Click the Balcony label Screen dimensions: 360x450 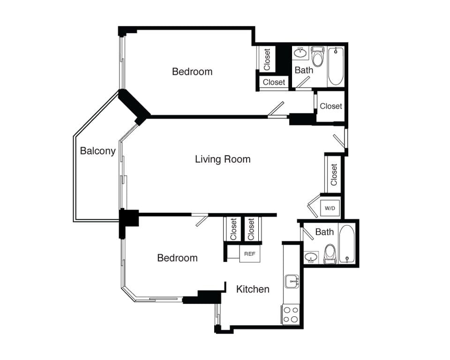pyautogui.click(x=97, y=151)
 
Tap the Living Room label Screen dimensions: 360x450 pyautogui.click(x=223, y=159)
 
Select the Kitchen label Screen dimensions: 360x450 pyautogui.click(x=253, y=289)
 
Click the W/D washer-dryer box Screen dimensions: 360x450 pyautogui.click(x=330, y=208)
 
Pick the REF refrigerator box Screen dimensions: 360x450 pyautogui.click(x=250, y=254)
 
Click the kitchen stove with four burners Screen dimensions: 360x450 pyautogui.click(x=291, y=314)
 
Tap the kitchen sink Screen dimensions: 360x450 pyautogui.click(x=292, y=281)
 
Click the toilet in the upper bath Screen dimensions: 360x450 pyautogui.click(x=318, y=57)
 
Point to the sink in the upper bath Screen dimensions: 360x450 pyautogui.click(x=300, y=53)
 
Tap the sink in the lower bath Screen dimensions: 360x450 pyautogui.click(x=311, y=257)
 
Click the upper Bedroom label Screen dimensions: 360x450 pyautogui.click(x=192, y=72)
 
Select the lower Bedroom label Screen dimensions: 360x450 pyautogui.click(x=177, y=258)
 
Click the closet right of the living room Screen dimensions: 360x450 pyautogui.click(x=334, y=174)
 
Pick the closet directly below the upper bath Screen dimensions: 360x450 pyautogui.click(x=331, y=106)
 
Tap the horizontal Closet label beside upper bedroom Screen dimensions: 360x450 pyautogui.click(x=274, y=82)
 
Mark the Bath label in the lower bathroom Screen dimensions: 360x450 pyautogui.click(x=324, y=232)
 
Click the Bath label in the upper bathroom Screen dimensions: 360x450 pyautogui.click(x=304, y=70)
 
